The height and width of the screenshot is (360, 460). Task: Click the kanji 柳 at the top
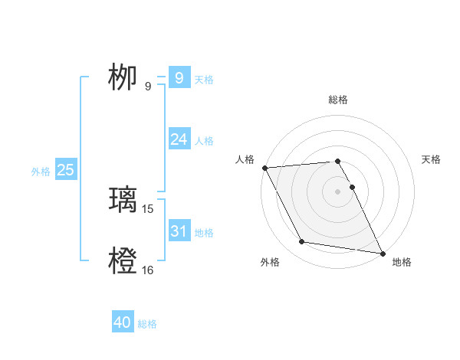tap(122, 77)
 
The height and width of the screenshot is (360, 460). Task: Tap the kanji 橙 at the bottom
tap(122, 261)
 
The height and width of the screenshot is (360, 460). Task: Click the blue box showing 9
tap(179, 77)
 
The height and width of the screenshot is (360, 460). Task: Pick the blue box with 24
tap(179, 139)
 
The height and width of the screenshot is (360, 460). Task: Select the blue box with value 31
tap(179, 231)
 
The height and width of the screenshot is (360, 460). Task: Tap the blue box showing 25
tap(65, 170)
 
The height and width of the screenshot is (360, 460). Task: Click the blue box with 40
tap(122, 322)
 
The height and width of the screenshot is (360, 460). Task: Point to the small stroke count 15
tap(148, 208)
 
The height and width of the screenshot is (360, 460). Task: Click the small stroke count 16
tap(148, 270)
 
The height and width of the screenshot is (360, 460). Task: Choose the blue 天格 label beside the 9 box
tap(204, 79)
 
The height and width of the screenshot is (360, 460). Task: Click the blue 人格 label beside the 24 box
tap(204, 141)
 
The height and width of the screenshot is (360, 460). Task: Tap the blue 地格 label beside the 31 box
tap(204, 233)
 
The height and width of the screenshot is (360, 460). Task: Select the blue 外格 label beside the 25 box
tap(41, 172)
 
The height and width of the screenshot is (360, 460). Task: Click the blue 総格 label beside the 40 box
tap(147, 324)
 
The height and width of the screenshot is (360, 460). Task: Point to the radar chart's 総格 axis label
tap(337, 100)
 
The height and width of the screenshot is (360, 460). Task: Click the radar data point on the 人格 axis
tap(264, 168)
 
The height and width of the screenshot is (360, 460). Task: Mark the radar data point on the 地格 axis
tap(382, 253)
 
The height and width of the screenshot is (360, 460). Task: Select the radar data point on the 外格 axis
tap(302, 242)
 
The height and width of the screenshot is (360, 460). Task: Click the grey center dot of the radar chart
tap(337, 191)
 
